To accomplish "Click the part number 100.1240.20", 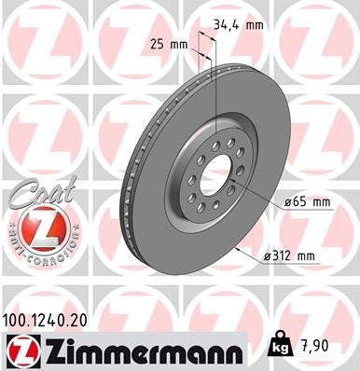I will [x=55, y=318].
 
